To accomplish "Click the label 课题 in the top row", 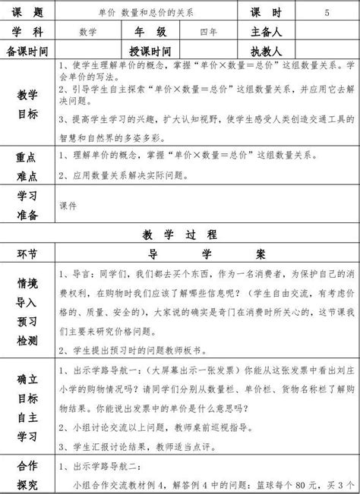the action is click(27, 13).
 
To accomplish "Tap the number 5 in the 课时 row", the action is click(327, 14).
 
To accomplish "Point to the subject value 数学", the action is click(87, 32).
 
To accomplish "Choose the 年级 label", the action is click(149, 32).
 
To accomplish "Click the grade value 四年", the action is click(207, 32).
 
